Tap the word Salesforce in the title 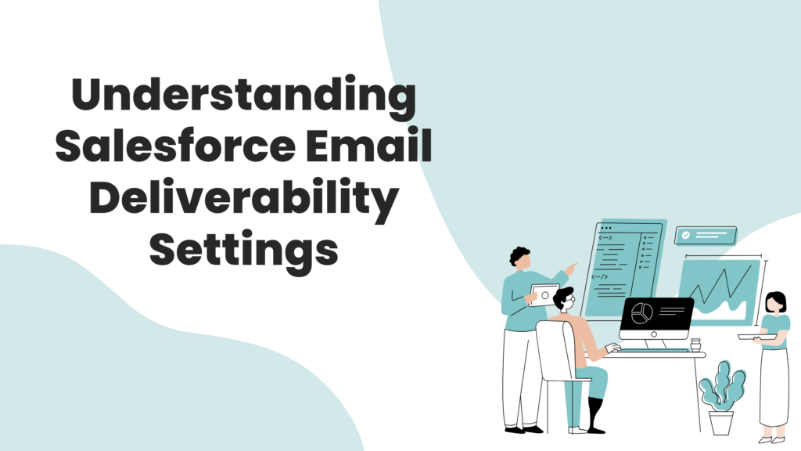(x=175, y=146)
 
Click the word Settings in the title (x=244, y=251)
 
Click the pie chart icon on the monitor (x=642, y=313)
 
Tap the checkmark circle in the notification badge (x=685, y=235)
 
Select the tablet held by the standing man (x=544, y=295)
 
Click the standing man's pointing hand (x=572, y=268)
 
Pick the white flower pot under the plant (x=720, y=422)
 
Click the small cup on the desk (x=695, y=345)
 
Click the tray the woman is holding (x=757, y=337)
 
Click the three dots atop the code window (x=606, y=228)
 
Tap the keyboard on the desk (x=655, y=351)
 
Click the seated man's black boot (x=595, y=415)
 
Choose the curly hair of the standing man (x=519, y=254)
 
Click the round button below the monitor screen (x=654, y=334)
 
